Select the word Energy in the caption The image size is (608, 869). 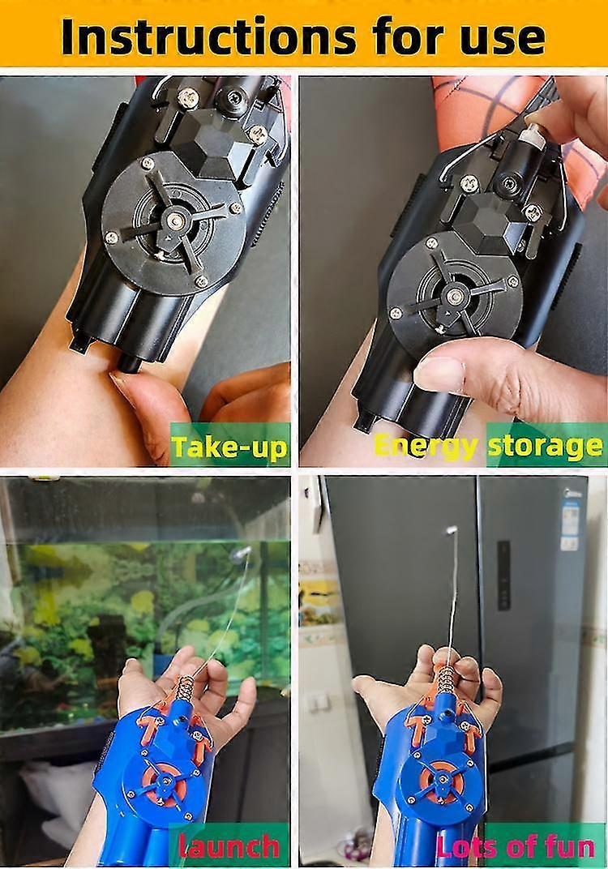[x=426, y=447]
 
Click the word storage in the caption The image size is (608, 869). [x=545, y=446]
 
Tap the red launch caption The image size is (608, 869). [x=229, y=846]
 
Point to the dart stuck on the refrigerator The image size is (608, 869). [x=451, y=530]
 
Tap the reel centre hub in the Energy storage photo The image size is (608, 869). [x=455, y=297]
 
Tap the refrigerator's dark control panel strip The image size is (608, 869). [x=503, y=576]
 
